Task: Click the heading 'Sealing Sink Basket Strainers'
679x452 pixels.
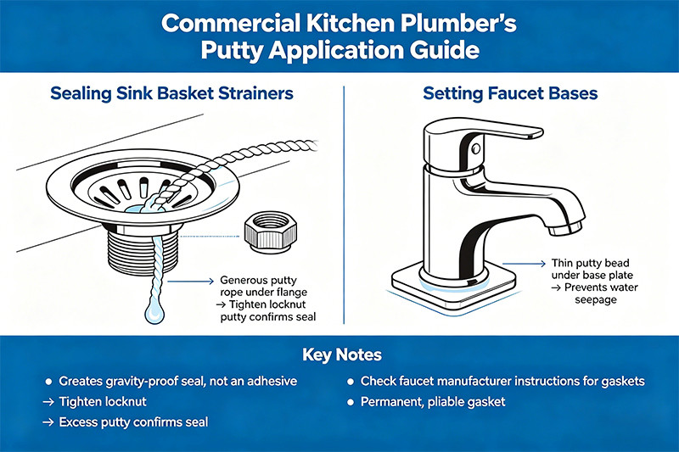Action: tap(159, 92)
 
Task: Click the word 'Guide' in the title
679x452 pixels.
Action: tap(441, 50)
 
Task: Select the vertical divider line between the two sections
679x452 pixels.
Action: tap(343, 204)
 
